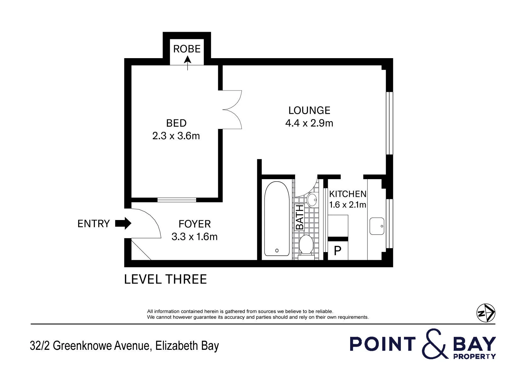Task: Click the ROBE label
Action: (187, 49)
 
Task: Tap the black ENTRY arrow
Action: (123, 223)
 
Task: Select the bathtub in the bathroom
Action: (277, 219)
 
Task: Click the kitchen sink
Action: (377, 226)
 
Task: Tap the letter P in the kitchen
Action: (338, 251)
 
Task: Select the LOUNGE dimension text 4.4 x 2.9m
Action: (309, 123)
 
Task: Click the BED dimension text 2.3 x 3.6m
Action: (176, 136)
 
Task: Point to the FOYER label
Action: (195, 224)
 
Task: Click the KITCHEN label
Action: (348, 194)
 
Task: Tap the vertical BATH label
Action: (300, 217)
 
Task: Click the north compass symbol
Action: (486, 313)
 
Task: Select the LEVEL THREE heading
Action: (165, 279)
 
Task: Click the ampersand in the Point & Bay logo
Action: (435, 344)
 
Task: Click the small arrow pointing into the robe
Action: (187, 63)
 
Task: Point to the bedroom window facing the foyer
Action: (177, 200)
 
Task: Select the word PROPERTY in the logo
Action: (475, 356)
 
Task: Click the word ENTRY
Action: (94, 224)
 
